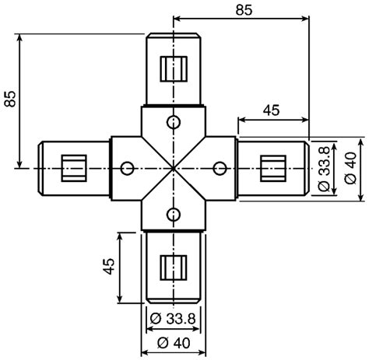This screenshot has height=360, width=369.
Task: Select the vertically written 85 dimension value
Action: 10,99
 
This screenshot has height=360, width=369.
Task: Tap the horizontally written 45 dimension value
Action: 271,110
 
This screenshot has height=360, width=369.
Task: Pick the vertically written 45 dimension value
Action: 110,267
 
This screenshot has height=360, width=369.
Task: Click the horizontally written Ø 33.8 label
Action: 172,318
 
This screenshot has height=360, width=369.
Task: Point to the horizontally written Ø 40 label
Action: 172,342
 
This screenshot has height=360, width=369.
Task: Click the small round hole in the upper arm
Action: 173,121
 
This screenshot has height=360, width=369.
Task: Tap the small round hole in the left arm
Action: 125,167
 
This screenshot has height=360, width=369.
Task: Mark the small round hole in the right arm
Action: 219,167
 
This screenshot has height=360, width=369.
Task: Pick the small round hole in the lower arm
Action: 173,213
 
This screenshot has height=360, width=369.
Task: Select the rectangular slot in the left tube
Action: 74,167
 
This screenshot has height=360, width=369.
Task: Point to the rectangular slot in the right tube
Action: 273,167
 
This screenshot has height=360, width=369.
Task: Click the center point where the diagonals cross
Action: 173,167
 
